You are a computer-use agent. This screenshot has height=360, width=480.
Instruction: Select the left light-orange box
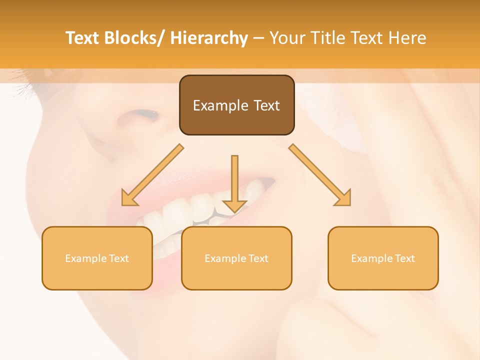click(x=97, y=258)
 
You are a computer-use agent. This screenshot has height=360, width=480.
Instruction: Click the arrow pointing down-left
click(x=152, y=175)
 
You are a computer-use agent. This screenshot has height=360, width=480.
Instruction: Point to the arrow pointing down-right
click(x=320, y=175)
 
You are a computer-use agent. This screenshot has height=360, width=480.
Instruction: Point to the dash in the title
click(x=258, y=38)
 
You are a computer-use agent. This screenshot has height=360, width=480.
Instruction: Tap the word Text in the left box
click(x=119, y=258)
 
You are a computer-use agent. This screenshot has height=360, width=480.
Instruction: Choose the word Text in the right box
click(x=405, y=258)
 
